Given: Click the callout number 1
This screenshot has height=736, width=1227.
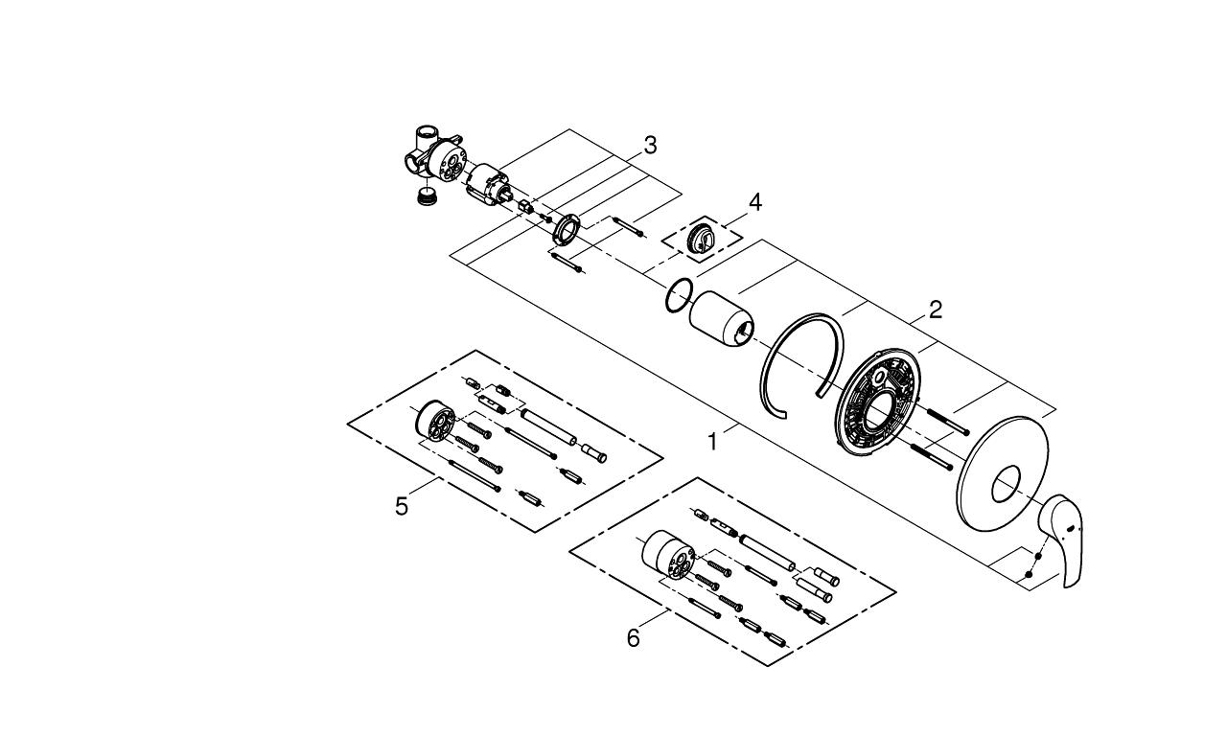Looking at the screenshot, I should tap(712, 442).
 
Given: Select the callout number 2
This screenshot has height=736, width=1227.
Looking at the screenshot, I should tap(935, 310).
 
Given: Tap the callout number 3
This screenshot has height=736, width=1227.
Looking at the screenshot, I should tap(650, 146).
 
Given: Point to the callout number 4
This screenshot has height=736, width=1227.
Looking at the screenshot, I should tap(755, 202).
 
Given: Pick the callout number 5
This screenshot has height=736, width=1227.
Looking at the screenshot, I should tap(402, 505).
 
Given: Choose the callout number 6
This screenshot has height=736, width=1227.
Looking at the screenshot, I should tap(633, 637).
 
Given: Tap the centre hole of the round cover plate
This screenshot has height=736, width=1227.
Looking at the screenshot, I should tap(1005, 486).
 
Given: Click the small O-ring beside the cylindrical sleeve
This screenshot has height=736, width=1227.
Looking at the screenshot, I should tap(678, 295).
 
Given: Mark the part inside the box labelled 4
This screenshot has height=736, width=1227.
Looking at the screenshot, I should tap(703, 236).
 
